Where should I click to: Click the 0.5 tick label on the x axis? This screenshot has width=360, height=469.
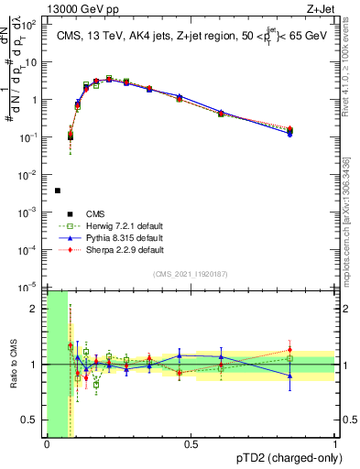(x=191, y=444)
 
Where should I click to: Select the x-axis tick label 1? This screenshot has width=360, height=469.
(x=334, y=444)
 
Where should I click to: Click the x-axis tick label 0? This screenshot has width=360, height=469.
(x=47, y=444)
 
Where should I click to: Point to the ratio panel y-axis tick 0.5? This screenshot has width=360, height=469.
(x=30, y=420)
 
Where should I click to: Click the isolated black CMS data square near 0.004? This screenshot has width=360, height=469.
(x=58, y=191)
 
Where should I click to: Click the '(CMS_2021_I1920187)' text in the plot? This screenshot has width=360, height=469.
(x=191, y=273)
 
